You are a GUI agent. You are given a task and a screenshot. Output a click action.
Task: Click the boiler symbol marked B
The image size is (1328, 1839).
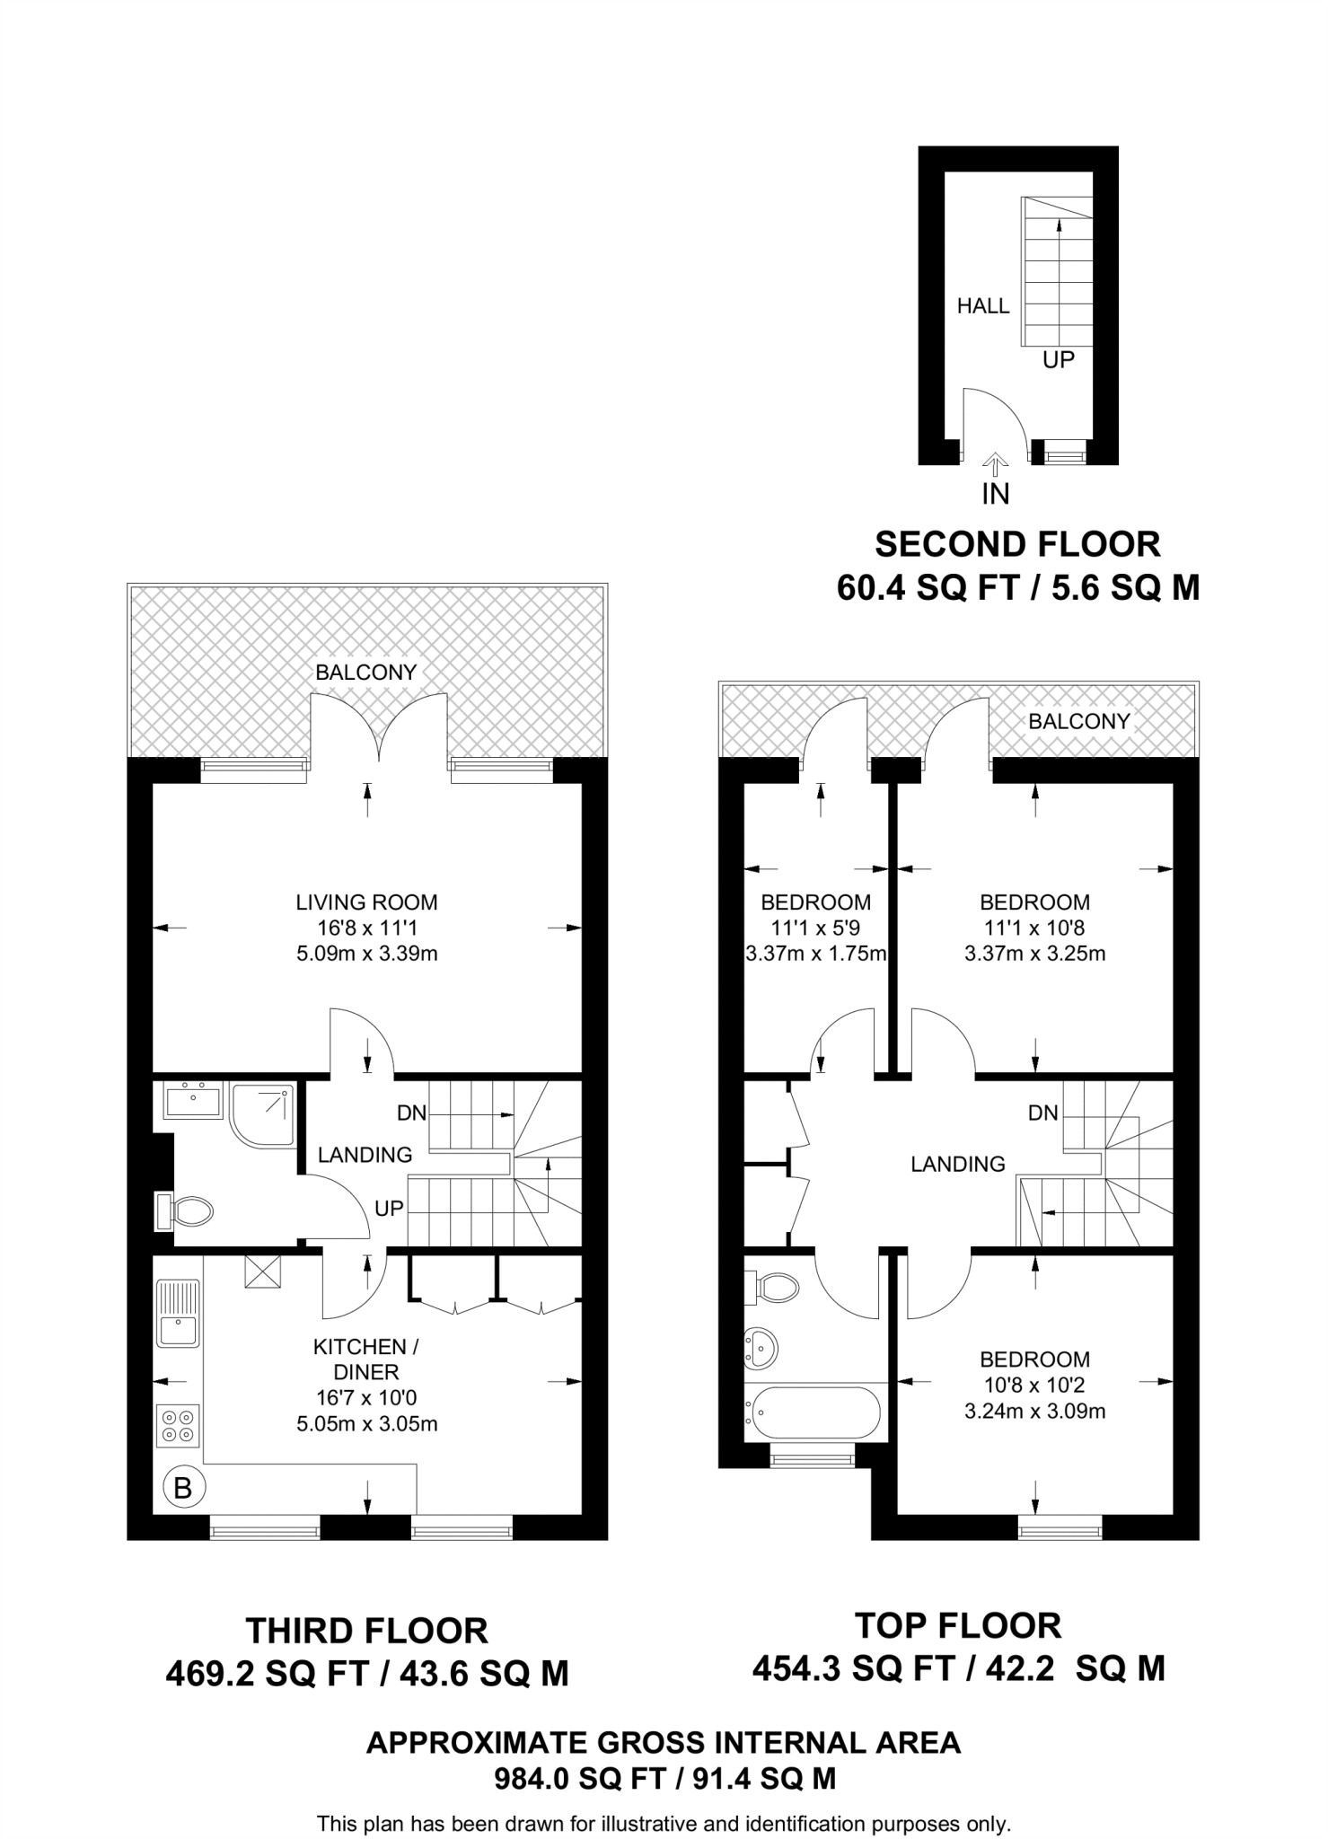point(183,1489)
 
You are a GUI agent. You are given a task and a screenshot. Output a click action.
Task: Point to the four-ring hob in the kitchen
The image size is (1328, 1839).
point(178,1425)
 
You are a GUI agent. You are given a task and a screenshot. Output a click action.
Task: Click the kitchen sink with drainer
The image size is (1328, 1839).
point(178,1313)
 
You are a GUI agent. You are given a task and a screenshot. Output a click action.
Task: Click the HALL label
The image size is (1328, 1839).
point(983,306)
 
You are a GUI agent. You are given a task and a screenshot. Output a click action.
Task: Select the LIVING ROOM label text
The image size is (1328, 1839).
point(367,902)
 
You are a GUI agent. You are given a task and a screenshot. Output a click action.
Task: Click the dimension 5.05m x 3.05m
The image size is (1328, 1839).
point(367,1423)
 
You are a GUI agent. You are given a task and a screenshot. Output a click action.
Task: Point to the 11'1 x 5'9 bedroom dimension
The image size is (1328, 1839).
point(815,928)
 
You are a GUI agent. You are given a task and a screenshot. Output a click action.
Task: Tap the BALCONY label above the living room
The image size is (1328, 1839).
point(366,673)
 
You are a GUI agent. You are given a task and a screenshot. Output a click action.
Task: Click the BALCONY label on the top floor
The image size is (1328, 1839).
point(1078,721)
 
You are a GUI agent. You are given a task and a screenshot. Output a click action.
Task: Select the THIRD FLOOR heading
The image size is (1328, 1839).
point(367,1630)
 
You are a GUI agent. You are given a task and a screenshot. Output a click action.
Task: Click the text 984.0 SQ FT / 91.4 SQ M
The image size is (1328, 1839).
point(664,1779)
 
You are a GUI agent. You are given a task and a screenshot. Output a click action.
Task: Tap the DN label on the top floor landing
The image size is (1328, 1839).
point(1043,1113)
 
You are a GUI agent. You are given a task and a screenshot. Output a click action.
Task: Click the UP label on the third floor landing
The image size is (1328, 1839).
point(389,1209)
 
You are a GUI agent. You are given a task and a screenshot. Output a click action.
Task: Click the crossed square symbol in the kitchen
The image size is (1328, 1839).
point(262,1271)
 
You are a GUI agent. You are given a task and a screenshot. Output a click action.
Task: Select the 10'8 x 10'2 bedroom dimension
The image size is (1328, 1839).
point(1034,1386)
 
